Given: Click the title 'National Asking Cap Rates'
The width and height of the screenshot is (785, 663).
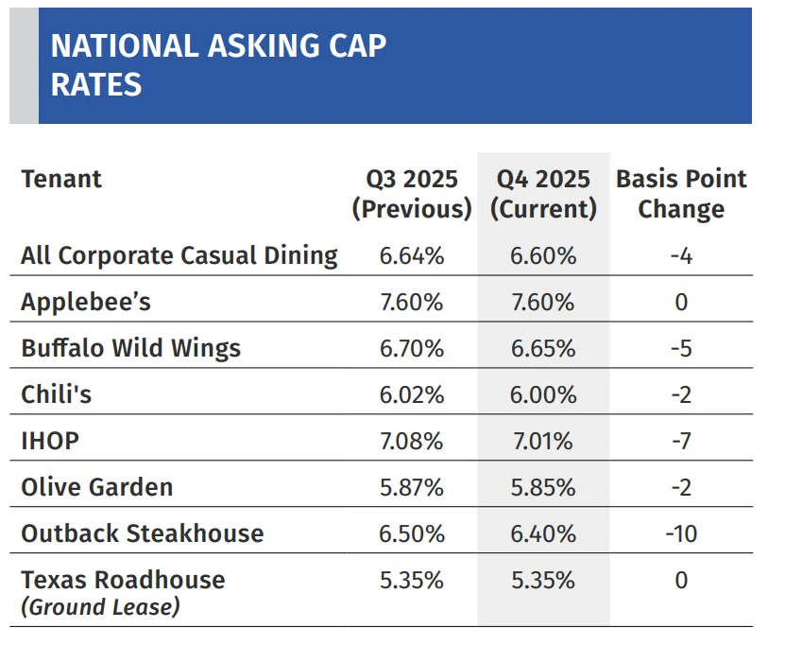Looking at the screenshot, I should tap(218, 65).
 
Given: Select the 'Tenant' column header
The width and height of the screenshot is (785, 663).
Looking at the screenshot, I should tap(61, 179).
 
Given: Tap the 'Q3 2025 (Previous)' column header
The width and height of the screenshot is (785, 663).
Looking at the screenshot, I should tap(411, 194).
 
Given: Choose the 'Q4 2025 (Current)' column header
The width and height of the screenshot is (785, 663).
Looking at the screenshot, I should tap(543, 194).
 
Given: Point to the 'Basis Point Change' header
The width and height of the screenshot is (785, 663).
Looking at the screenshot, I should tap(681, 194).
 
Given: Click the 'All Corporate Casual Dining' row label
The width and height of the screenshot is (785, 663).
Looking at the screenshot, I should tap(179, 255).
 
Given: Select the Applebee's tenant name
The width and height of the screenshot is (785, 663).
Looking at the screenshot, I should tap(86, 302).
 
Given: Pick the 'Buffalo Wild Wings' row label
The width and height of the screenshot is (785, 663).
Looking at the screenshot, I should tap(131, 348).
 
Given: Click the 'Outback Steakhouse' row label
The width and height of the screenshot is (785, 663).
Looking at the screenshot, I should tap(143, 533).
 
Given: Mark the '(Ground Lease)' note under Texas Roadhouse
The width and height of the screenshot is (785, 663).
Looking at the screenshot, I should tap(100, 606).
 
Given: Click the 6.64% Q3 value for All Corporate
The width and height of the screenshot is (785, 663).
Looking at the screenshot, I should tap(411, 255).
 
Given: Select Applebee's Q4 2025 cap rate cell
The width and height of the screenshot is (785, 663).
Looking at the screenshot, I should tap(543, 302).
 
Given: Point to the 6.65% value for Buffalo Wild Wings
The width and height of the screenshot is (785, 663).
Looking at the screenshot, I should tap(543, 348).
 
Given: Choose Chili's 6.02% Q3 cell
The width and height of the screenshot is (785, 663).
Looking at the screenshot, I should tap(411, 394).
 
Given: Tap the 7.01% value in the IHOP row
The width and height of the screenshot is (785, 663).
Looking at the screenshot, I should tap(543, 441).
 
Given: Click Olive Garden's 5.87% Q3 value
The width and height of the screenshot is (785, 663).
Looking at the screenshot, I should tap(411, 487).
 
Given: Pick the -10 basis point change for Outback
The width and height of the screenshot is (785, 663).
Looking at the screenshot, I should tap(681, 533).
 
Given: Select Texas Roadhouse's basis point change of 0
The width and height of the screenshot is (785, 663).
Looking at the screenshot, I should tap(681, 580).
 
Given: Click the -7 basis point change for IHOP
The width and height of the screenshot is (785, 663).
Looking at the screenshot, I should tap(681, 441).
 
